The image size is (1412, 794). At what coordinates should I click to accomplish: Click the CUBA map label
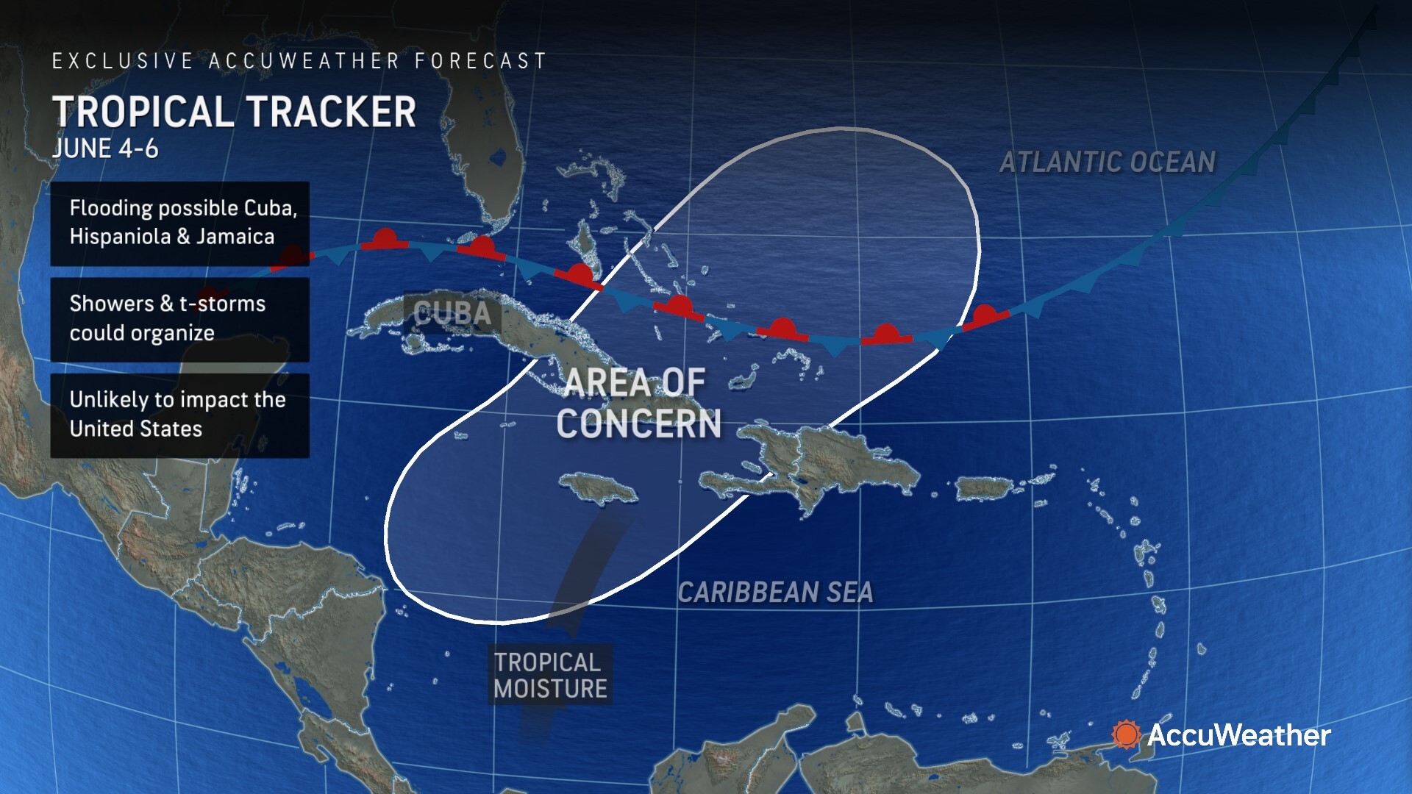pyautogui.click(x=452, y=314)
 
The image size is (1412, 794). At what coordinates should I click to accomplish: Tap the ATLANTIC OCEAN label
pyautogui.click(x=1107, y=162)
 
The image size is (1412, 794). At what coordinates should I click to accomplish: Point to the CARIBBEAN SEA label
pyautogui.click(x=775, y=593)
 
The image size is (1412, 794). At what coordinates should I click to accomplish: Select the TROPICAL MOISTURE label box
pyautogui.click(x=550, y=676)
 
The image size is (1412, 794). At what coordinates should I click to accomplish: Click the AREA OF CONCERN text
pyautogui.click(x=637, y=404)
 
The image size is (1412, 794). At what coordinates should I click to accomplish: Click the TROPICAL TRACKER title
pyautogui.click(x=235, y=112)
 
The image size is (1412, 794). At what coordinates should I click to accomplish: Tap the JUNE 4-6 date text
pyautogui.click(x=106, y=149)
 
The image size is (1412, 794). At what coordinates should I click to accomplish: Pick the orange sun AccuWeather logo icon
pyautogui.click(x=1125, y=734)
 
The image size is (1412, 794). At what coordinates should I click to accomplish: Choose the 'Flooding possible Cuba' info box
pyautogui.click(x=179, y=223)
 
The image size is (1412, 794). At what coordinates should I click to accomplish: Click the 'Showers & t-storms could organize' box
pyautogui.click(x=179, y=319)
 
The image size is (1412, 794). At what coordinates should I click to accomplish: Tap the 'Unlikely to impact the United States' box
pyautogui.click(x=179, y=415)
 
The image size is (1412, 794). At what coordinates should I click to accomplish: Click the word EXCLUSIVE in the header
pyautogui.click(x=122, y=61)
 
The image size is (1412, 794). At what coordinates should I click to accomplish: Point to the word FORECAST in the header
pyautogui.click(x=480, y=61)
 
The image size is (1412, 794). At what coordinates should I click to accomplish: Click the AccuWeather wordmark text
pyautogui.click(x=1238, y=735)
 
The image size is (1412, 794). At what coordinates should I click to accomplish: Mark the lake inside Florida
pyautogui.click(x=500, y=157)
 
